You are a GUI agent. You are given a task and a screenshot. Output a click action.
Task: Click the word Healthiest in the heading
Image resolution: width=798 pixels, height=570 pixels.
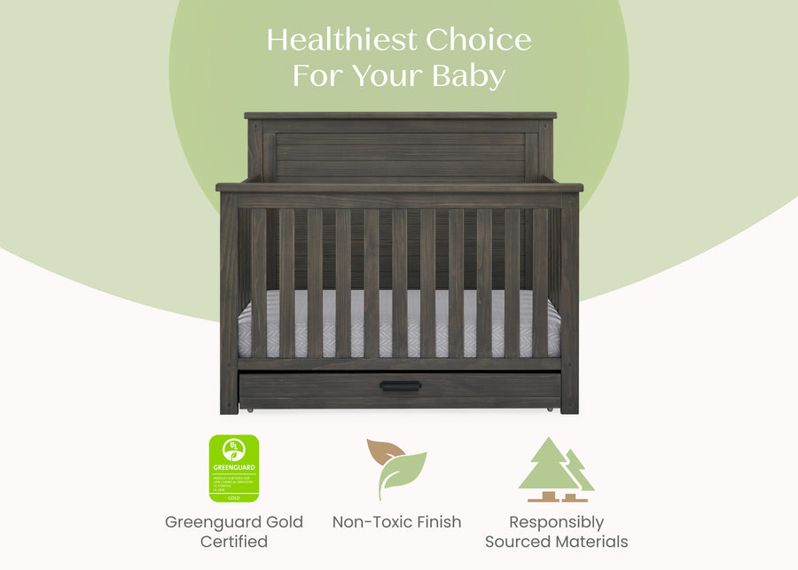tap(341, 40)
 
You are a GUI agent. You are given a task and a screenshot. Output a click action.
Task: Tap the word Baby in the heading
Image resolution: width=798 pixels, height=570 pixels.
tap(468, 75)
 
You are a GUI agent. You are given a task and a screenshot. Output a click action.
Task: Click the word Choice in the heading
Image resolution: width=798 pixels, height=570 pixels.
tap(478, 40)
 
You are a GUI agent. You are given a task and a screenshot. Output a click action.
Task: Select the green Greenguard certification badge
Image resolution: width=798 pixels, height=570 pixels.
tap(233, 468)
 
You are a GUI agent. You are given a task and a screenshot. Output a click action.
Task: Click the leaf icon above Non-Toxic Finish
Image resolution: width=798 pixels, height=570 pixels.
tap(396, 468)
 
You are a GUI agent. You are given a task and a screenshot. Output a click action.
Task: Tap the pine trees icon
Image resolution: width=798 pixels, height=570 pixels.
tap(556, 470)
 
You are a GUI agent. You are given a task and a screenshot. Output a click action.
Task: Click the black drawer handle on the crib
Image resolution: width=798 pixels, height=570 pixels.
tap(400, 386)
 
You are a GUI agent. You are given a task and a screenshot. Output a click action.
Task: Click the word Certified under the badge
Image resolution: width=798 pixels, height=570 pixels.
tap(234, 542)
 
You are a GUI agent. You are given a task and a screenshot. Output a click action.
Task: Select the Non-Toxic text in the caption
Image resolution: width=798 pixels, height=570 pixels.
tap(371, 522)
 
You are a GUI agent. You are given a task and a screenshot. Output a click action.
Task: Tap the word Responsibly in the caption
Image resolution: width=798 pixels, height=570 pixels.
tap(557, 522)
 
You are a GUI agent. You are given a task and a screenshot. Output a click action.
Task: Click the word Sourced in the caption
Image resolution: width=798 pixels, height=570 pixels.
tap(517, 542)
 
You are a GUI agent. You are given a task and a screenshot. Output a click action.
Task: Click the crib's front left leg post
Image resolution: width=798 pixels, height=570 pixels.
tap(229, 301)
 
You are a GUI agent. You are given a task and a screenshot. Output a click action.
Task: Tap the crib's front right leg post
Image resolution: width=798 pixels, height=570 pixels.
tap(569, 301)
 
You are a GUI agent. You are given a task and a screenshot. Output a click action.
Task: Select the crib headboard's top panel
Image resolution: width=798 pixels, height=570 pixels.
tap(400, 146)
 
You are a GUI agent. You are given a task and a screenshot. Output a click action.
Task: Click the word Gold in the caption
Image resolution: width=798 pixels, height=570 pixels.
tap(284, 522)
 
